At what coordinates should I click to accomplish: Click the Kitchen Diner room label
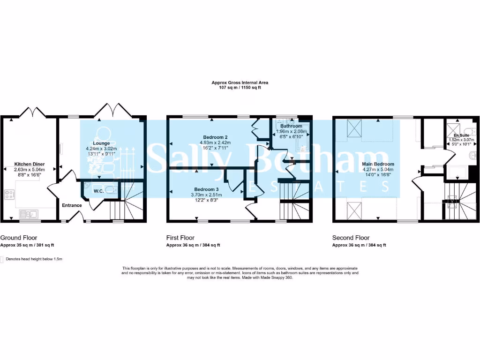[x=29, y=165]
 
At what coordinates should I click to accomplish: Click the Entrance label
[x=72, y=205]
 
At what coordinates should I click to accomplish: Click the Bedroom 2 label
[x=213, y=137]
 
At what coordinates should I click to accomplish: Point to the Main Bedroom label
[x=378, y=164]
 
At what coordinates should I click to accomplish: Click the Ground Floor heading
[x=19, y=238]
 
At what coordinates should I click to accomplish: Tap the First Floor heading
[x=180, y=238]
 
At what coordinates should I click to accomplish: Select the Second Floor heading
[x=351, y=238]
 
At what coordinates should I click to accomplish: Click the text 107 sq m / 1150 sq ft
[x=240, y=88]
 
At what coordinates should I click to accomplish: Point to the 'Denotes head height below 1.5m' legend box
[x=2, y=259]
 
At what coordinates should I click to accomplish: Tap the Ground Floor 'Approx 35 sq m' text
[x=28, y=245]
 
